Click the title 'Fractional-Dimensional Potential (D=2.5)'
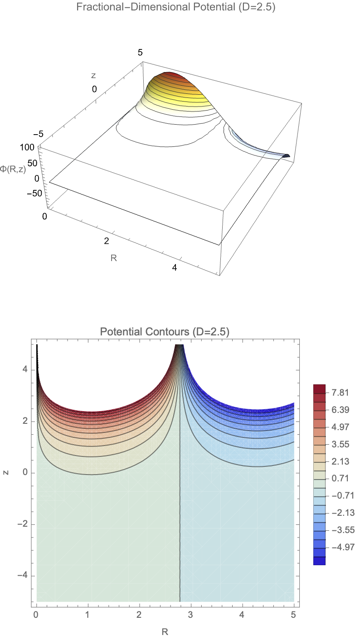coord(180,7)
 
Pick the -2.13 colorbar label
coord(337,513)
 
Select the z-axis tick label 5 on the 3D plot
coord(141,53)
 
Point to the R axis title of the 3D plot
coord(114,259)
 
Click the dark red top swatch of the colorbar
coord(319,388)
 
